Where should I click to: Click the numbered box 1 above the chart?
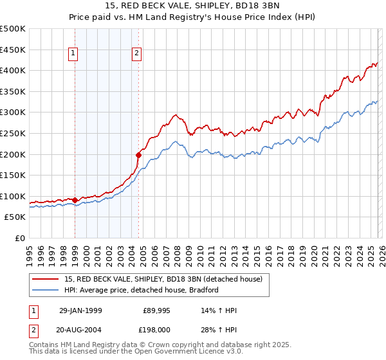pos(75,54)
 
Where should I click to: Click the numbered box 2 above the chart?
pos(138,54)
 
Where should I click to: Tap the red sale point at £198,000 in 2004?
pos(138,155)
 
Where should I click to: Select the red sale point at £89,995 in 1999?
pos(75,200)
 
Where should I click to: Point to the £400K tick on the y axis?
pos(14,70)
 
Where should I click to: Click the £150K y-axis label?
pos(14,175)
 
